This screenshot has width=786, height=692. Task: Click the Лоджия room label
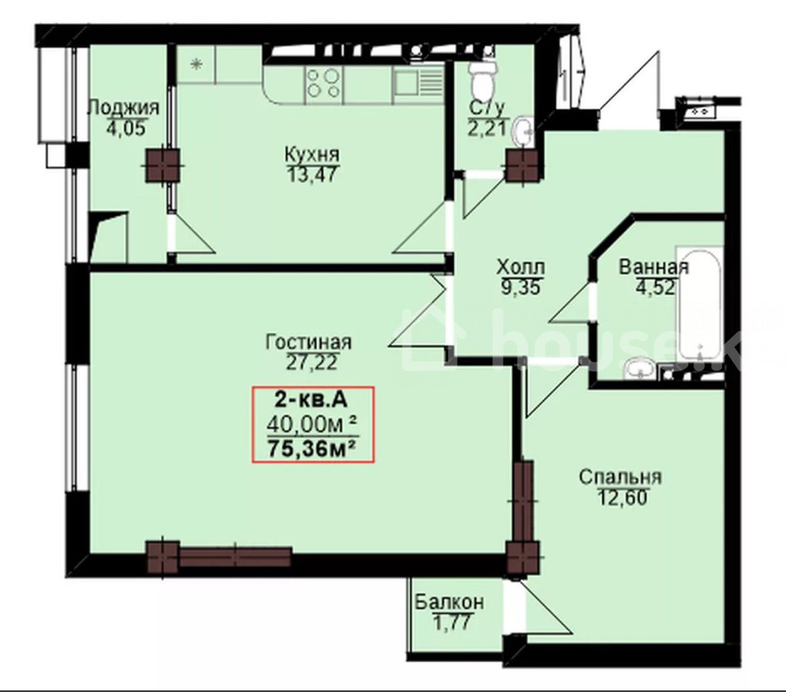click(x=123, y=108)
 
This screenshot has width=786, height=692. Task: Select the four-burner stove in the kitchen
click(x=323, y=83)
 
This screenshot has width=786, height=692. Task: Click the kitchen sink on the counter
click(x=418, y=83)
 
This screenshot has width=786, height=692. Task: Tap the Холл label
click(x=521, y=267)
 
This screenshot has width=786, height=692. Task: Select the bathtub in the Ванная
click(x=699, y=303)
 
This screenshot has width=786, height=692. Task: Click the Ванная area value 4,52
click(x=654, y=288)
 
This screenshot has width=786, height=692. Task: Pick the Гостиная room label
click(x=308, y=342)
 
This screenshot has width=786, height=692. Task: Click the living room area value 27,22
click(x=311, y=362)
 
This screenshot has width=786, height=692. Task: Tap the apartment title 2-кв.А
click(x=311, y=401)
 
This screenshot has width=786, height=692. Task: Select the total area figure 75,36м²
click(x=311, y=447)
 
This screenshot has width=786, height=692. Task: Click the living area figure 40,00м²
click(x=311, y=424)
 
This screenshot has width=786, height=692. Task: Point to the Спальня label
click(x=621, y=477)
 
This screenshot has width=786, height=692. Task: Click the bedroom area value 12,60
click(x=621, y=497)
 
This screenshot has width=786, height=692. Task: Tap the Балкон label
click(x=450, y=602)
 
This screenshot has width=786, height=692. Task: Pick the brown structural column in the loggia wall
click(x=162, y=165)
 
